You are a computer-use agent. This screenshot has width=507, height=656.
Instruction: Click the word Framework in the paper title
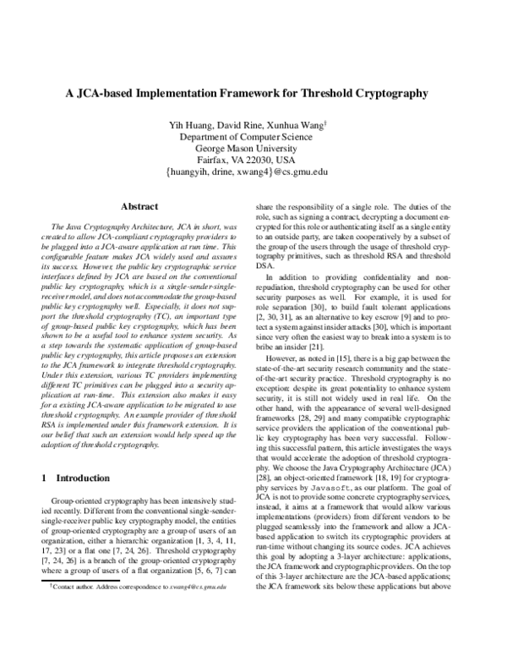(x=275, y=94)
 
